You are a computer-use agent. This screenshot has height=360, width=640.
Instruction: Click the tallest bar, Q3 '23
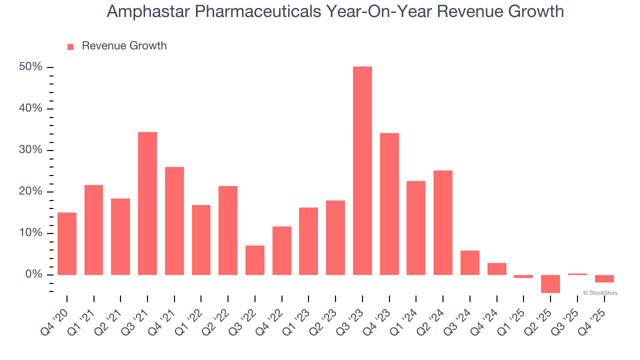tap(362, 170)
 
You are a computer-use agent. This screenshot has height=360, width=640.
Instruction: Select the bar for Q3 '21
tap(147, 203)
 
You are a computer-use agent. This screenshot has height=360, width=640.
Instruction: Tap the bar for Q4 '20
tap(67, 243)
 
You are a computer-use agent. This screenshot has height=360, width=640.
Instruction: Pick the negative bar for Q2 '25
tap(550, 283)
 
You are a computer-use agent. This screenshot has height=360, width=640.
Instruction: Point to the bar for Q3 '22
tap(255, 260)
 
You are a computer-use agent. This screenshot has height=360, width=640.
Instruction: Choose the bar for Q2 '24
tap(443, 222)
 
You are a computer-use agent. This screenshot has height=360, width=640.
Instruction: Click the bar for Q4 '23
tap(389, 204)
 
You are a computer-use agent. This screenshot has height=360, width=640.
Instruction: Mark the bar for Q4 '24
tap(497, 269)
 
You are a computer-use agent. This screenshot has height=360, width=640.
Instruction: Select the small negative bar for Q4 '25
tap(604, 278)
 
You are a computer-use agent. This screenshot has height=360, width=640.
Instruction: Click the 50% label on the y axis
tap(30, 67)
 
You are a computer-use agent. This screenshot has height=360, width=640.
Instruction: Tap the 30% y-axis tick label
tap(30, 150)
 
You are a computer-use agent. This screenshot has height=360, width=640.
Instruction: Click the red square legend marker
tap(70, 46)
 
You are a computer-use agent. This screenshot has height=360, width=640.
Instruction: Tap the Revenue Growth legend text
tap(124, 46)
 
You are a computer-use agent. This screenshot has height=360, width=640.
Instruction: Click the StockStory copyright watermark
tap(600, 293)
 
